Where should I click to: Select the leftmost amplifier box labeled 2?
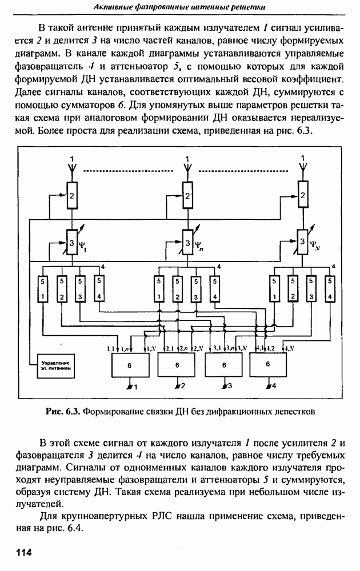coord(72,195)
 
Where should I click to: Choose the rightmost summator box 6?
coord(268,364)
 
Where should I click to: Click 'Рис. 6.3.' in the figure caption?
coord(63,410)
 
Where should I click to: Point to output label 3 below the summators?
coord(230,387)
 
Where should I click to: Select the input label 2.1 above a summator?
coord(170,348)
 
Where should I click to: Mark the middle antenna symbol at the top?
coord(186,166)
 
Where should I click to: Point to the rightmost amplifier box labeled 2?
coord(301,195)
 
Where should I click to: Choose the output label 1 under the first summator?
coord(137,387)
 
